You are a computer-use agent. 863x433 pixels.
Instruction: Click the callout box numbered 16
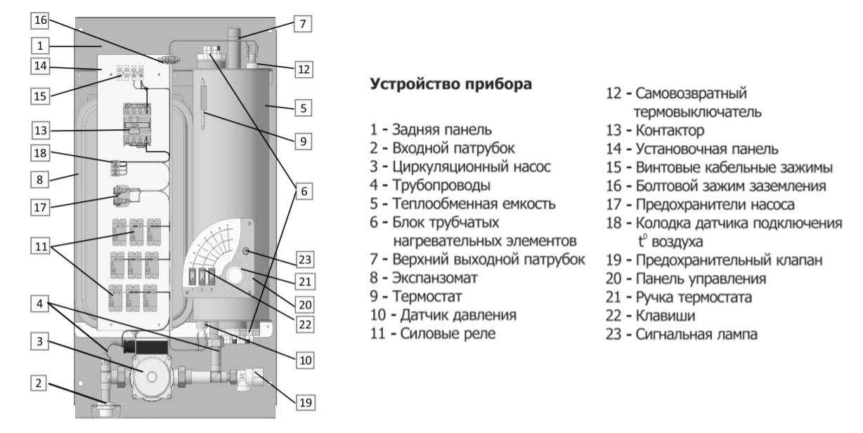40,20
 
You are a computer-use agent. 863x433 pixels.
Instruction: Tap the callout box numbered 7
302,24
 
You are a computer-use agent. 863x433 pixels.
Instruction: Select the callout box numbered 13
41,131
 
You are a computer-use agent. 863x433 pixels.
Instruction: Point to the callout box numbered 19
305,403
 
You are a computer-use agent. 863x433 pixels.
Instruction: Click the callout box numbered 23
305,260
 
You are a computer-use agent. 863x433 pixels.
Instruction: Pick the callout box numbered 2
39,383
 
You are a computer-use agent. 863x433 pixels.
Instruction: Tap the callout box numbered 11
41,246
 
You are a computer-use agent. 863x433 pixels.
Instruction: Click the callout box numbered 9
303,141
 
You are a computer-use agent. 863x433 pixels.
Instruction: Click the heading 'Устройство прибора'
450,84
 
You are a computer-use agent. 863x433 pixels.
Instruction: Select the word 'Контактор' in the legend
670,131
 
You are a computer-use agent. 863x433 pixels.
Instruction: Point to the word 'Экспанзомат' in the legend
434,278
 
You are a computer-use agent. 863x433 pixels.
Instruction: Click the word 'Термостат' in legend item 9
427,296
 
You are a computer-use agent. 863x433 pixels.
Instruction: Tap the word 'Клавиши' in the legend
666,316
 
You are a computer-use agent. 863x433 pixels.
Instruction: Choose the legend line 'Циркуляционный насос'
471,166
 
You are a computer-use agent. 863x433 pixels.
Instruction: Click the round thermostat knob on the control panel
234,275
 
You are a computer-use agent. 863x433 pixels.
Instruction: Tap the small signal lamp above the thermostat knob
246,251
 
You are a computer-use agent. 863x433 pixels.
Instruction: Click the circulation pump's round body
151,376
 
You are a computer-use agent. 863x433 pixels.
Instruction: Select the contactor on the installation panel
137,124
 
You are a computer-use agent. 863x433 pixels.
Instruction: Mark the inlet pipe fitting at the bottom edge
106,411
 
